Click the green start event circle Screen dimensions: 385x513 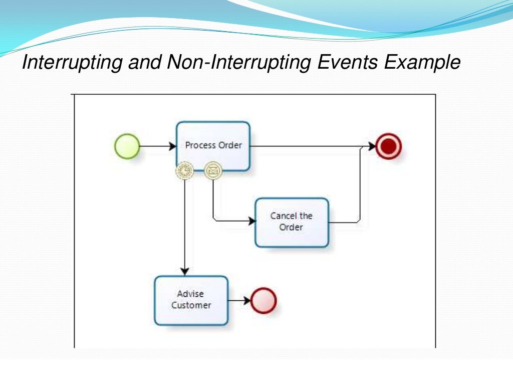click(127, 146)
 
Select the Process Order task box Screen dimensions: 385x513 click(213, 146)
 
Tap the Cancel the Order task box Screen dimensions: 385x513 click(292, 222)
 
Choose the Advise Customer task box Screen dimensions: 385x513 click(191, 300)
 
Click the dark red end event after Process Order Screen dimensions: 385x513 click(389, 146)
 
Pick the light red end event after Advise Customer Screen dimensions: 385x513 click(264, 300)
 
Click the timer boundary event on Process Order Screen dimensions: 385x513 click(185, 170)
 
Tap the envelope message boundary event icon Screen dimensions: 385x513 click(213, 170)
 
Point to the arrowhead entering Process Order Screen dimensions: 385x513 click(172, 146)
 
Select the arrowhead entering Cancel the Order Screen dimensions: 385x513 click(251, 220)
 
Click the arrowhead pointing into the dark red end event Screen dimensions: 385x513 click(372, 146)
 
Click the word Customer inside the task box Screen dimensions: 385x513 click(191, 305)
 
